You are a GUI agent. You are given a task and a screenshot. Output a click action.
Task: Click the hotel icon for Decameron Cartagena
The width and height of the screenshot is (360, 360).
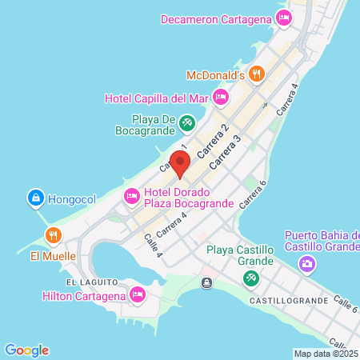tap(283, 18)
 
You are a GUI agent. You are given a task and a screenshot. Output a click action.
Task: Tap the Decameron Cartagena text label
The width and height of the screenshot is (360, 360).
tap(216, 18)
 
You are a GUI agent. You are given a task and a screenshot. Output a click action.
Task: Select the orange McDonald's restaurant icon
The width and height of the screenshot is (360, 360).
tap(255, 74)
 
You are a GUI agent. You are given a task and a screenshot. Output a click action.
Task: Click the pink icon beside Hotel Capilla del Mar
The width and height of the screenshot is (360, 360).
tap(222, 98)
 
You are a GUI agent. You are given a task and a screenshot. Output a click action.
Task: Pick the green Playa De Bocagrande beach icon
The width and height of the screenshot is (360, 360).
tap(186, 123)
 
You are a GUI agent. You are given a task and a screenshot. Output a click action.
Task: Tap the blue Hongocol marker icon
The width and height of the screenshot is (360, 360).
tap(35, 197)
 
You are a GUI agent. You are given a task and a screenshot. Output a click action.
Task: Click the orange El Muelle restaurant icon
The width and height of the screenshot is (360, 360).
tap(53, 236)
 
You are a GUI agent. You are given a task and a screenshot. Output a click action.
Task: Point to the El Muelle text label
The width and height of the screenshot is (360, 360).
tap(53, 256)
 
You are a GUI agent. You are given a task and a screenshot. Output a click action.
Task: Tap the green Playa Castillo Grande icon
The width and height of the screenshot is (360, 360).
tap(250, 278)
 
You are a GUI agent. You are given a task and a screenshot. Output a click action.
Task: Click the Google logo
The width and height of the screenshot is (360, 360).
tap(26, 350)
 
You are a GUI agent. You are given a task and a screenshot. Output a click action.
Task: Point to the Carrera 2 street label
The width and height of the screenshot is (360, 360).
tap(214, 139)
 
